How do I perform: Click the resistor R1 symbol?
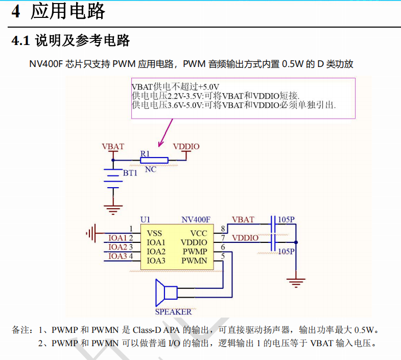pos(154,161)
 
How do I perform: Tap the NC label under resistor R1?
pos(151,169)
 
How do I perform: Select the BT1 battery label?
pos(130,173)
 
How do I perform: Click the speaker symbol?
pos(167,292)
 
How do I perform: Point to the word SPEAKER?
pos(173,312)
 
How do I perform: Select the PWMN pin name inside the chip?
pos(194,261)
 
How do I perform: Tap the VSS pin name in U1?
pos(154,233)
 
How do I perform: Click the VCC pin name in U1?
pos(199,233)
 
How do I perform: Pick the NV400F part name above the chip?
pos(196,220)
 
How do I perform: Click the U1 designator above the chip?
pos(145,220)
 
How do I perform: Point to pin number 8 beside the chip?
pos(223,229)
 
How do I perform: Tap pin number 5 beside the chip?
pos(223,256)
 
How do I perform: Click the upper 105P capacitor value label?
pos(286,220)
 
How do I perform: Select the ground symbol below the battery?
pos(113,210)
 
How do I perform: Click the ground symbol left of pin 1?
pos(91,233)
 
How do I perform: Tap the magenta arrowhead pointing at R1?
pos(160,143)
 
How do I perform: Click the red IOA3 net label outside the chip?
pos(117,256)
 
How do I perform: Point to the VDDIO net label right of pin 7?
pos(245,238)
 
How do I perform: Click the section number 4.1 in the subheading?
pos(21,41)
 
